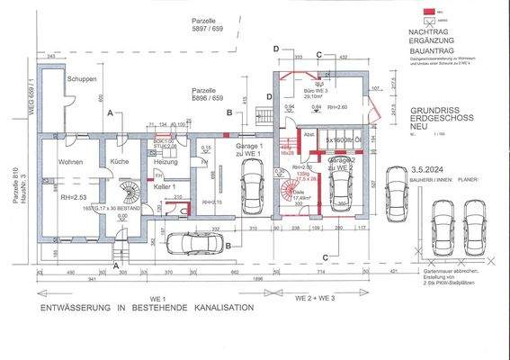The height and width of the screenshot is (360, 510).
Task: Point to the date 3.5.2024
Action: tap(425, 168)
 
